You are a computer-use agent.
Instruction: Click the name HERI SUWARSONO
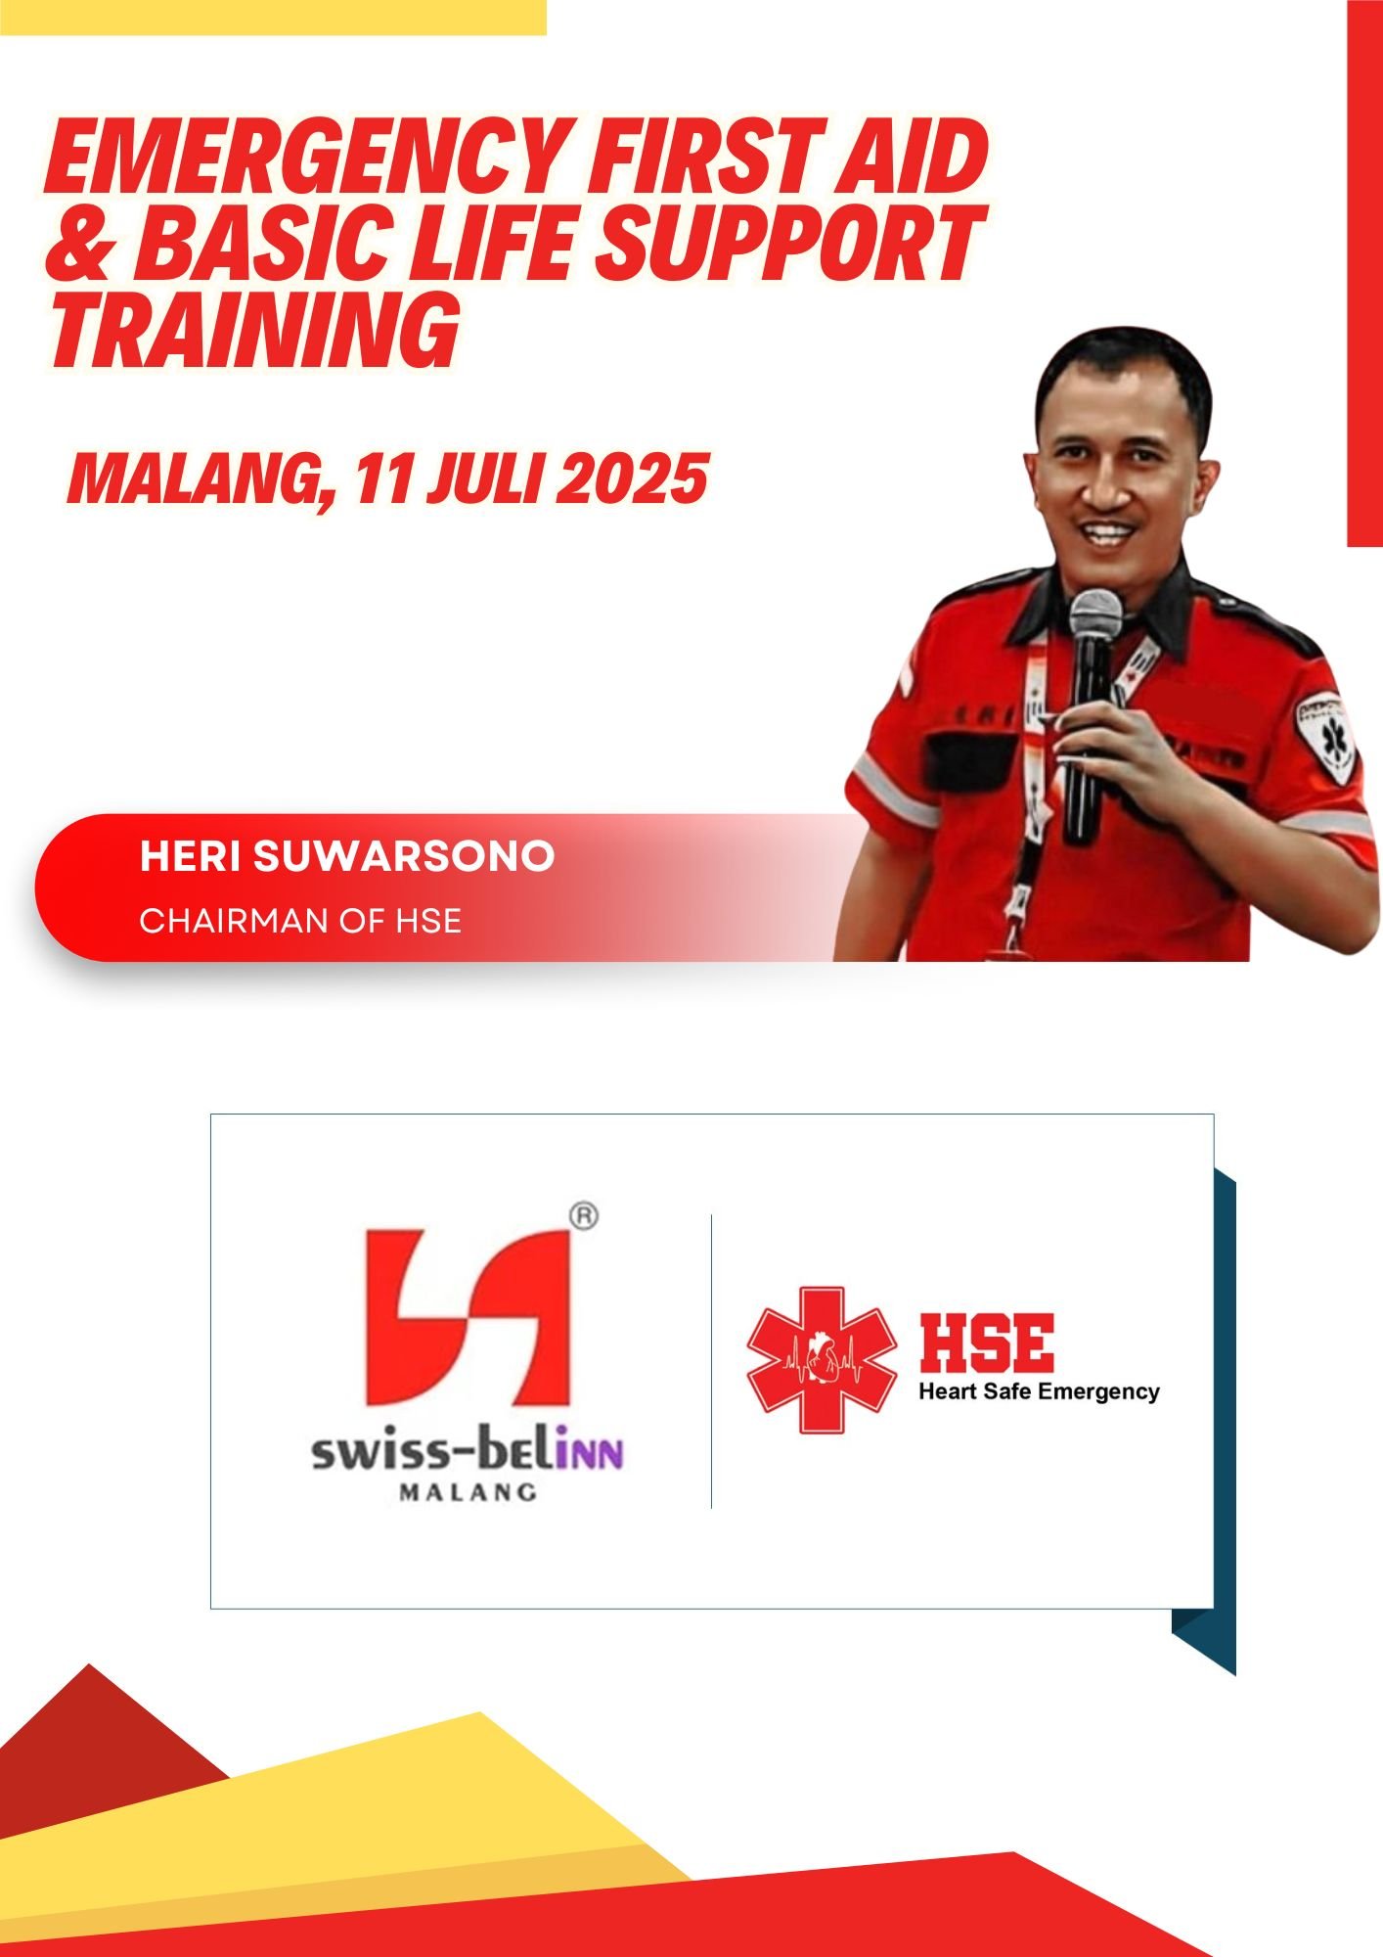pyautogui.click(x=347, y=856)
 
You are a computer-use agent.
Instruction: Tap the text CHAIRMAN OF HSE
pyautogui.click(x=300, y=921)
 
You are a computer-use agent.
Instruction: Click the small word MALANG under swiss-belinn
pyautogui.click(x=468, y=1493)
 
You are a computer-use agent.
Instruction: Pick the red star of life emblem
pyautogui.click(x=822, y=1360)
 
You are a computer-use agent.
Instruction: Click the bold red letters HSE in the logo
pyautogui.click(x=987, y=1343)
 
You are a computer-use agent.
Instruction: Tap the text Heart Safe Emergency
pyautogui.click(x=1039, y=1391)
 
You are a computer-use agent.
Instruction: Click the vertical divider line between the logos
pyautogui.click(x=711, y=1361)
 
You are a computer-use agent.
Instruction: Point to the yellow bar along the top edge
pyautogui.click(x=273, y=18)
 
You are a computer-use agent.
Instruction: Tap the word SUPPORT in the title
pyautogui.click(x=788, y=241)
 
